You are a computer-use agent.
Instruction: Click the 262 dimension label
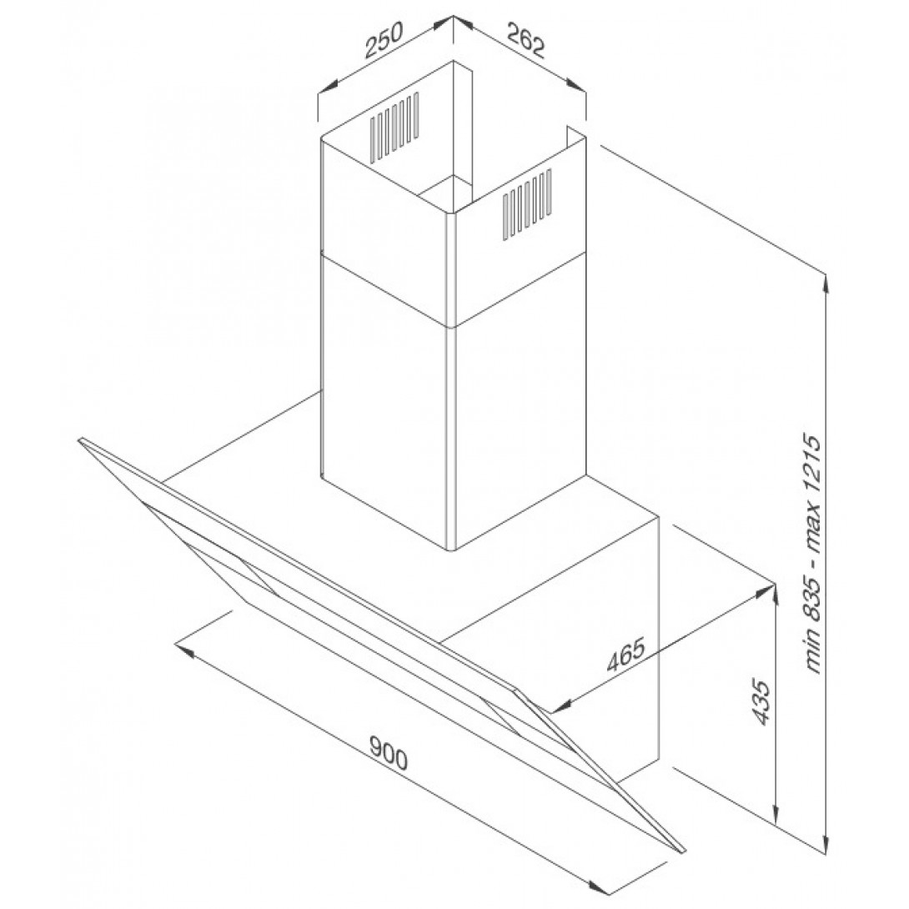(x=526, y=39)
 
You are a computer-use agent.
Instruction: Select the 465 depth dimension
(x=625, y=654)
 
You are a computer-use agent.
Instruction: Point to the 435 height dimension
(x=762, y=702)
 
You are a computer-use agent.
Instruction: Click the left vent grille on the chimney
(x=394, y=126)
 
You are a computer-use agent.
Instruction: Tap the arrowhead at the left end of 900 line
(x=183, y=650)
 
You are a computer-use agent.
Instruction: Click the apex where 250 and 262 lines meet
(x=453, y=17)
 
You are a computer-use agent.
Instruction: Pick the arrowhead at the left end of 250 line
(x=328, y=86)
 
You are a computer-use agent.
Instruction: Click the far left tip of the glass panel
(x=79, y=439)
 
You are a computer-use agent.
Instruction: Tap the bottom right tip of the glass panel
(x=684, y=851)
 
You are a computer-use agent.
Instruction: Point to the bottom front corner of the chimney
(x=453, y=550)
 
